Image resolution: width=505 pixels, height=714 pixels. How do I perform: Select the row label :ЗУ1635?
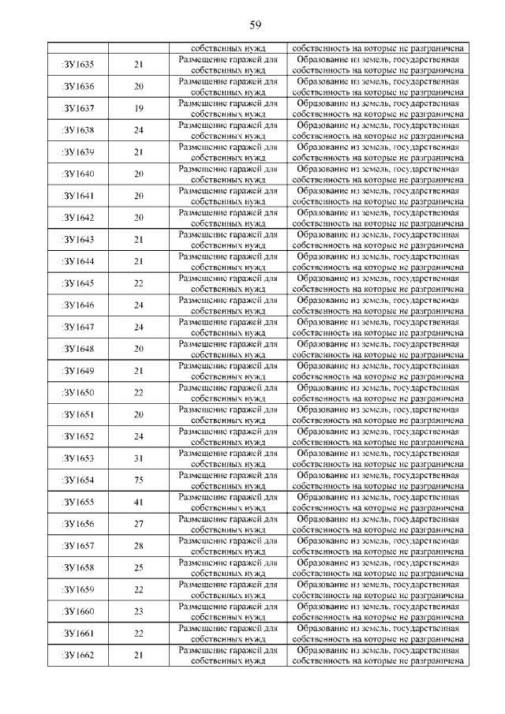pos(77,64)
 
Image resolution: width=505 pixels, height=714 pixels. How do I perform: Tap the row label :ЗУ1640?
pos(77,174)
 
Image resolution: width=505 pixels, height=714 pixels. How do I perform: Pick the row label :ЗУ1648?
pos(77,349)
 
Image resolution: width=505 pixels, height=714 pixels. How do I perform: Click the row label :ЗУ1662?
pos(77,655)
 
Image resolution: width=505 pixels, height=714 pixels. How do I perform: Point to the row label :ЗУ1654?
pos(77,480)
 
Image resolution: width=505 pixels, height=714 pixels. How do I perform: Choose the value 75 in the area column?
pos(138,480)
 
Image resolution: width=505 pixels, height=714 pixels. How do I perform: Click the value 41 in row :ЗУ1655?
pos(138,502)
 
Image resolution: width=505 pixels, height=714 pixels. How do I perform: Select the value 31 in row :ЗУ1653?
pos(138,458)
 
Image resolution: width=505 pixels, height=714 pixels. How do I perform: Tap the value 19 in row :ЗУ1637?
pos(138,108)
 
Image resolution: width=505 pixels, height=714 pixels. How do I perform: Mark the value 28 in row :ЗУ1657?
pos(138,546)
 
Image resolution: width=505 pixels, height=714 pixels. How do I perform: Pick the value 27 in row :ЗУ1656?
pos(138,524)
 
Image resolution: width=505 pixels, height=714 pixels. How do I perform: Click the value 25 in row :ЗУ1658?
pos(138,567)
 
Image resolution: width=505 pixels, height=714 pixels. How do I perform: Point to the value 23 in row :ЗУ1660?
pos(138,611)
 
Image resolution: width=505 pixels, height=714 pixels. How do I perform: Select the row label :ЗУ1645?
pos(77,283)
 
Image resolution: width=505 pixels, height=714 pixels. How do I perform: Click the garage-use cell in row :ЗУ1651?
pos(227,414)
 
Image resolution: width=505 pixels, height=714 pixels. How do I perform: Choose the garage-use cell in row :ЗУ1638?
pos(227,129)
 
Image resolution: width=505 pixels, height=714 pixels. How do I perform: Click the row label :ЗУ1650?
pos(77,393)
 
